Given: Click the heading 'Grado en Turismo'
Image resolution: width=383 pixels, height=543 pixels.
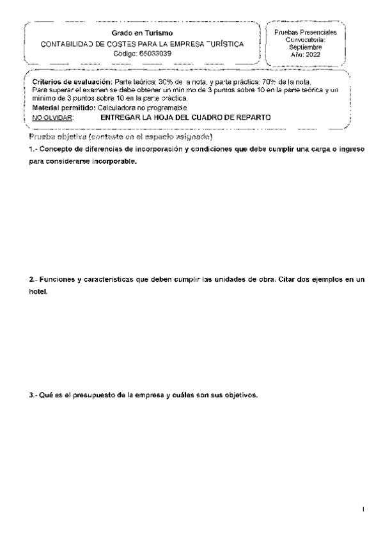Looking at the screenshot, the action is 141,33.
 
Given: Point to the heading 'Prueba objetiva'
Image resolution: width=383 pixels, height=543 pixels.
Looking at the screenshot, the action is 57,138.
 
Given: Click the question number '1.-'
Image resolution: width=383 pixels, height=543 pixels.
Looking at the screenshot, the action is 34,149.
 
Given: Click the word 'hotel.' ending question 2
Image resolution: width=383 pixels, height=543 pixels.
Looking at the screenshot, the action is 38,292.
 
